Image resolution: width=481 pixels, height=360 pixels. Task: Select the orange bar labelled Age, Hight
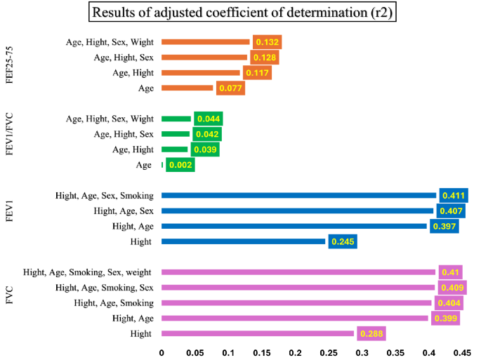click(201, 72)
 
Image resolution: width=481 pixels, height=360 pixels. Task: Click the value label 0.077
click(230, 88)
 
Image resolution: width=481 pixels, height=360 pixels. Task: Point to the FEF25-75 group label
click(9, 65)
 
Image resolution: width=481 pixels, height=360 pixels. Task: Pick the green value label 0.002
click(180, 166)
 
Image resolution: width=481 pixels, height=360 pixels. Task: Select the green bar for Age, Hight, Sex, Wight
click(176, 119)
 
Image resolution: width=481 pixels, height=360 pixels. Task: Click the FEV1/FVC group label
click(9, 142)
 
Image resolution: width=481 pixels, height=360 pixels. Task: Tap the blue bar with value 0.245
click(244, 241)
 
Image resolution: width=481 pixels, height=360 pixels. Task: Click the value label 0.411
click(450, 196)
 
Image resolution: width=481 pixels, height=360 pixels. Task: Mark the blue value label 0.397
click(444, 226)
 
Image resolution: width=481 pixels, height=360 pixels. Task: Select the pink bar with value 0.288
click(258, 334)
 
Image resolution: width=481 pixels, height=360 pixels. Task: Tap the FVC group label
click(9, 303)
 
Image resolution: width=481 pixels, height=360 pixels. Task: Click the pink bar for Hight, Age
click(295, 319)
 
